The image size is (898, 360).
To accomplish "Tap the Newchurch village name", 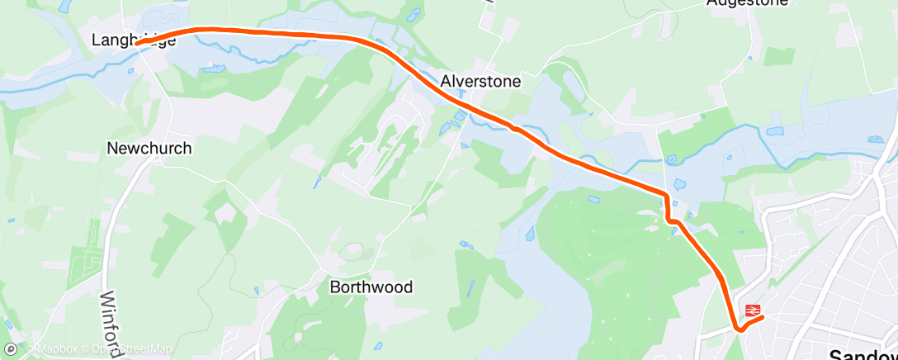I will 149,149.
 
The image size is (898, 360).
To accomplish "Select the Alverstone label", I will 480,82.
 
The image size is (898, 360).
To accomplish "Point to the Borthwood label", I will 371,287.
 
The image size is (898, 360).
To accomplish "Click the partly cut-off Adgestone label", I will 747,3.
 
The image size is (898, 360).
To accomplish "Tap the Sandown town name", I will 863,354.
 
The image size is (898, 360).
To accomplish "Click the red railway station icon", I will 752,310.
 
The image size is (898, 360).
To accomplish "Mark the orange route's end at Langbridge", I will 137,43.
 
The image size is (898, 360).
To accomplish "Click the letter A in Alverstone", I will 447,82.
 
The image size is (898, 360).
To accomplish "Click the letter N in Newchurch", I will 112,149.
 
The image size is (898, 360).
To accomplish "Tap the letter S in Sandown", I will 835,354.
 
